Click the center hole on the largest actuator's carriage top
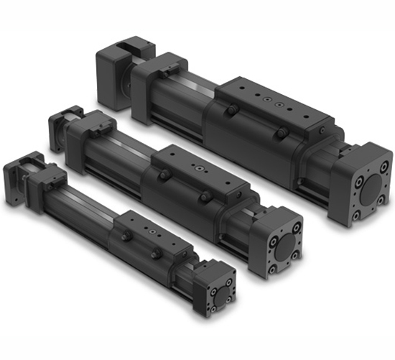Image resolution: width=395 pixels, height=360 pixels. pos(267,101)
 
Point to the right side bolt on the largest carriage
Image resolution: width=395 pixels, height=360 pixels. pos(283,133)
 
